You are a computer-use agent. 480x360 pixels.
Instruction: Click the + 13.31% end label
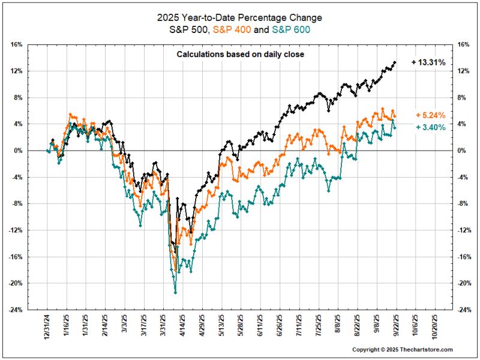pyautogui.click(x=428, y=62)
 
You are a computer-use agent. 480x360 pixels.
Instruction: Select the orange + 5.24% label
pyautogui.click(x=430, y=115)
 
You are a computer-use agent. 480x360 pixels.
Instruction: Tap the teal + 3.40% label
pyautogui.click(x=430, y=127)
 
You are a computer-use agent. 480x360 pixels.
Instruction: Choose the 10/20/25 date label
pyautogui.click(x=432, y=328)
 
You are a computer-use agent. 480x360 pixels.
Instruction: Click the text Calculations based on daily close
pyautogui.click(x=240, y=55)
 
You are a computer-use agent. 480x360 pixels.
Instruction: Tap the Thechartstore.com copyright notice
pyautogui.click(x=402, y=350)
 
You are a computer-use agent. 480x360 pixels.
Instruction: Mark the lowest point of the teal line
pyautogui.click(x=175, y=292)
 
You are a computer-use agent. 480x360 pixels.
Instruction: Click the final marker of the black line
pyautogui.click(x=394, y=62)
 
